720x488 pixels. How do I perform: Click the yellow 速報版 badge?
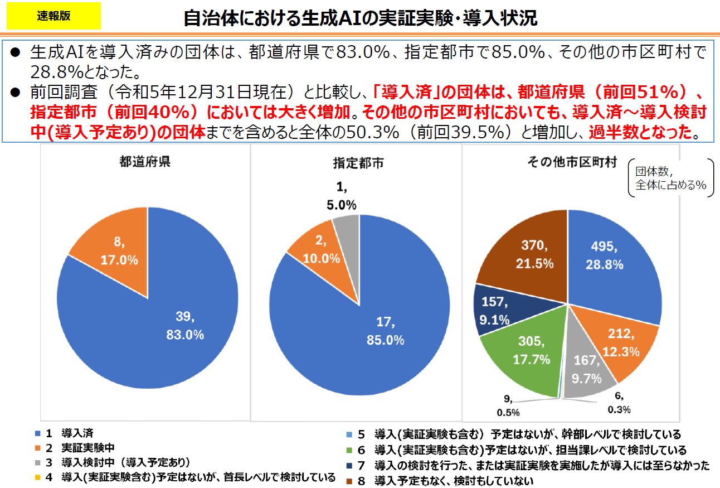53,16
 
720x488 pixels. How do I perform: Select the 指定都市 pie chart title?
358,163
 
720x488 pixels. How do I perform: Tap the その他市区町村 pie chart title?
572,162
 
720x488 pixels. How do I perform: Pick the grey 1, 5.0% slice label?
342,196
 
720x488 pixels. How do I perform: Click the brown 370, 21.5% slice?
529,254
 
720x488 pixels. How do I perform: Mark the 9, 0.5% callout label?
508,405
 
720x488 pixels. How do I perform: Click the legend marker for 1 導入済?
38,433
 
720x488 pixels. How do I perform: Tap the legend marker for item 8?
349,480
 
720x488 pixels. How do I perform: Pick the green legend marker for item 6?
349,450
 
